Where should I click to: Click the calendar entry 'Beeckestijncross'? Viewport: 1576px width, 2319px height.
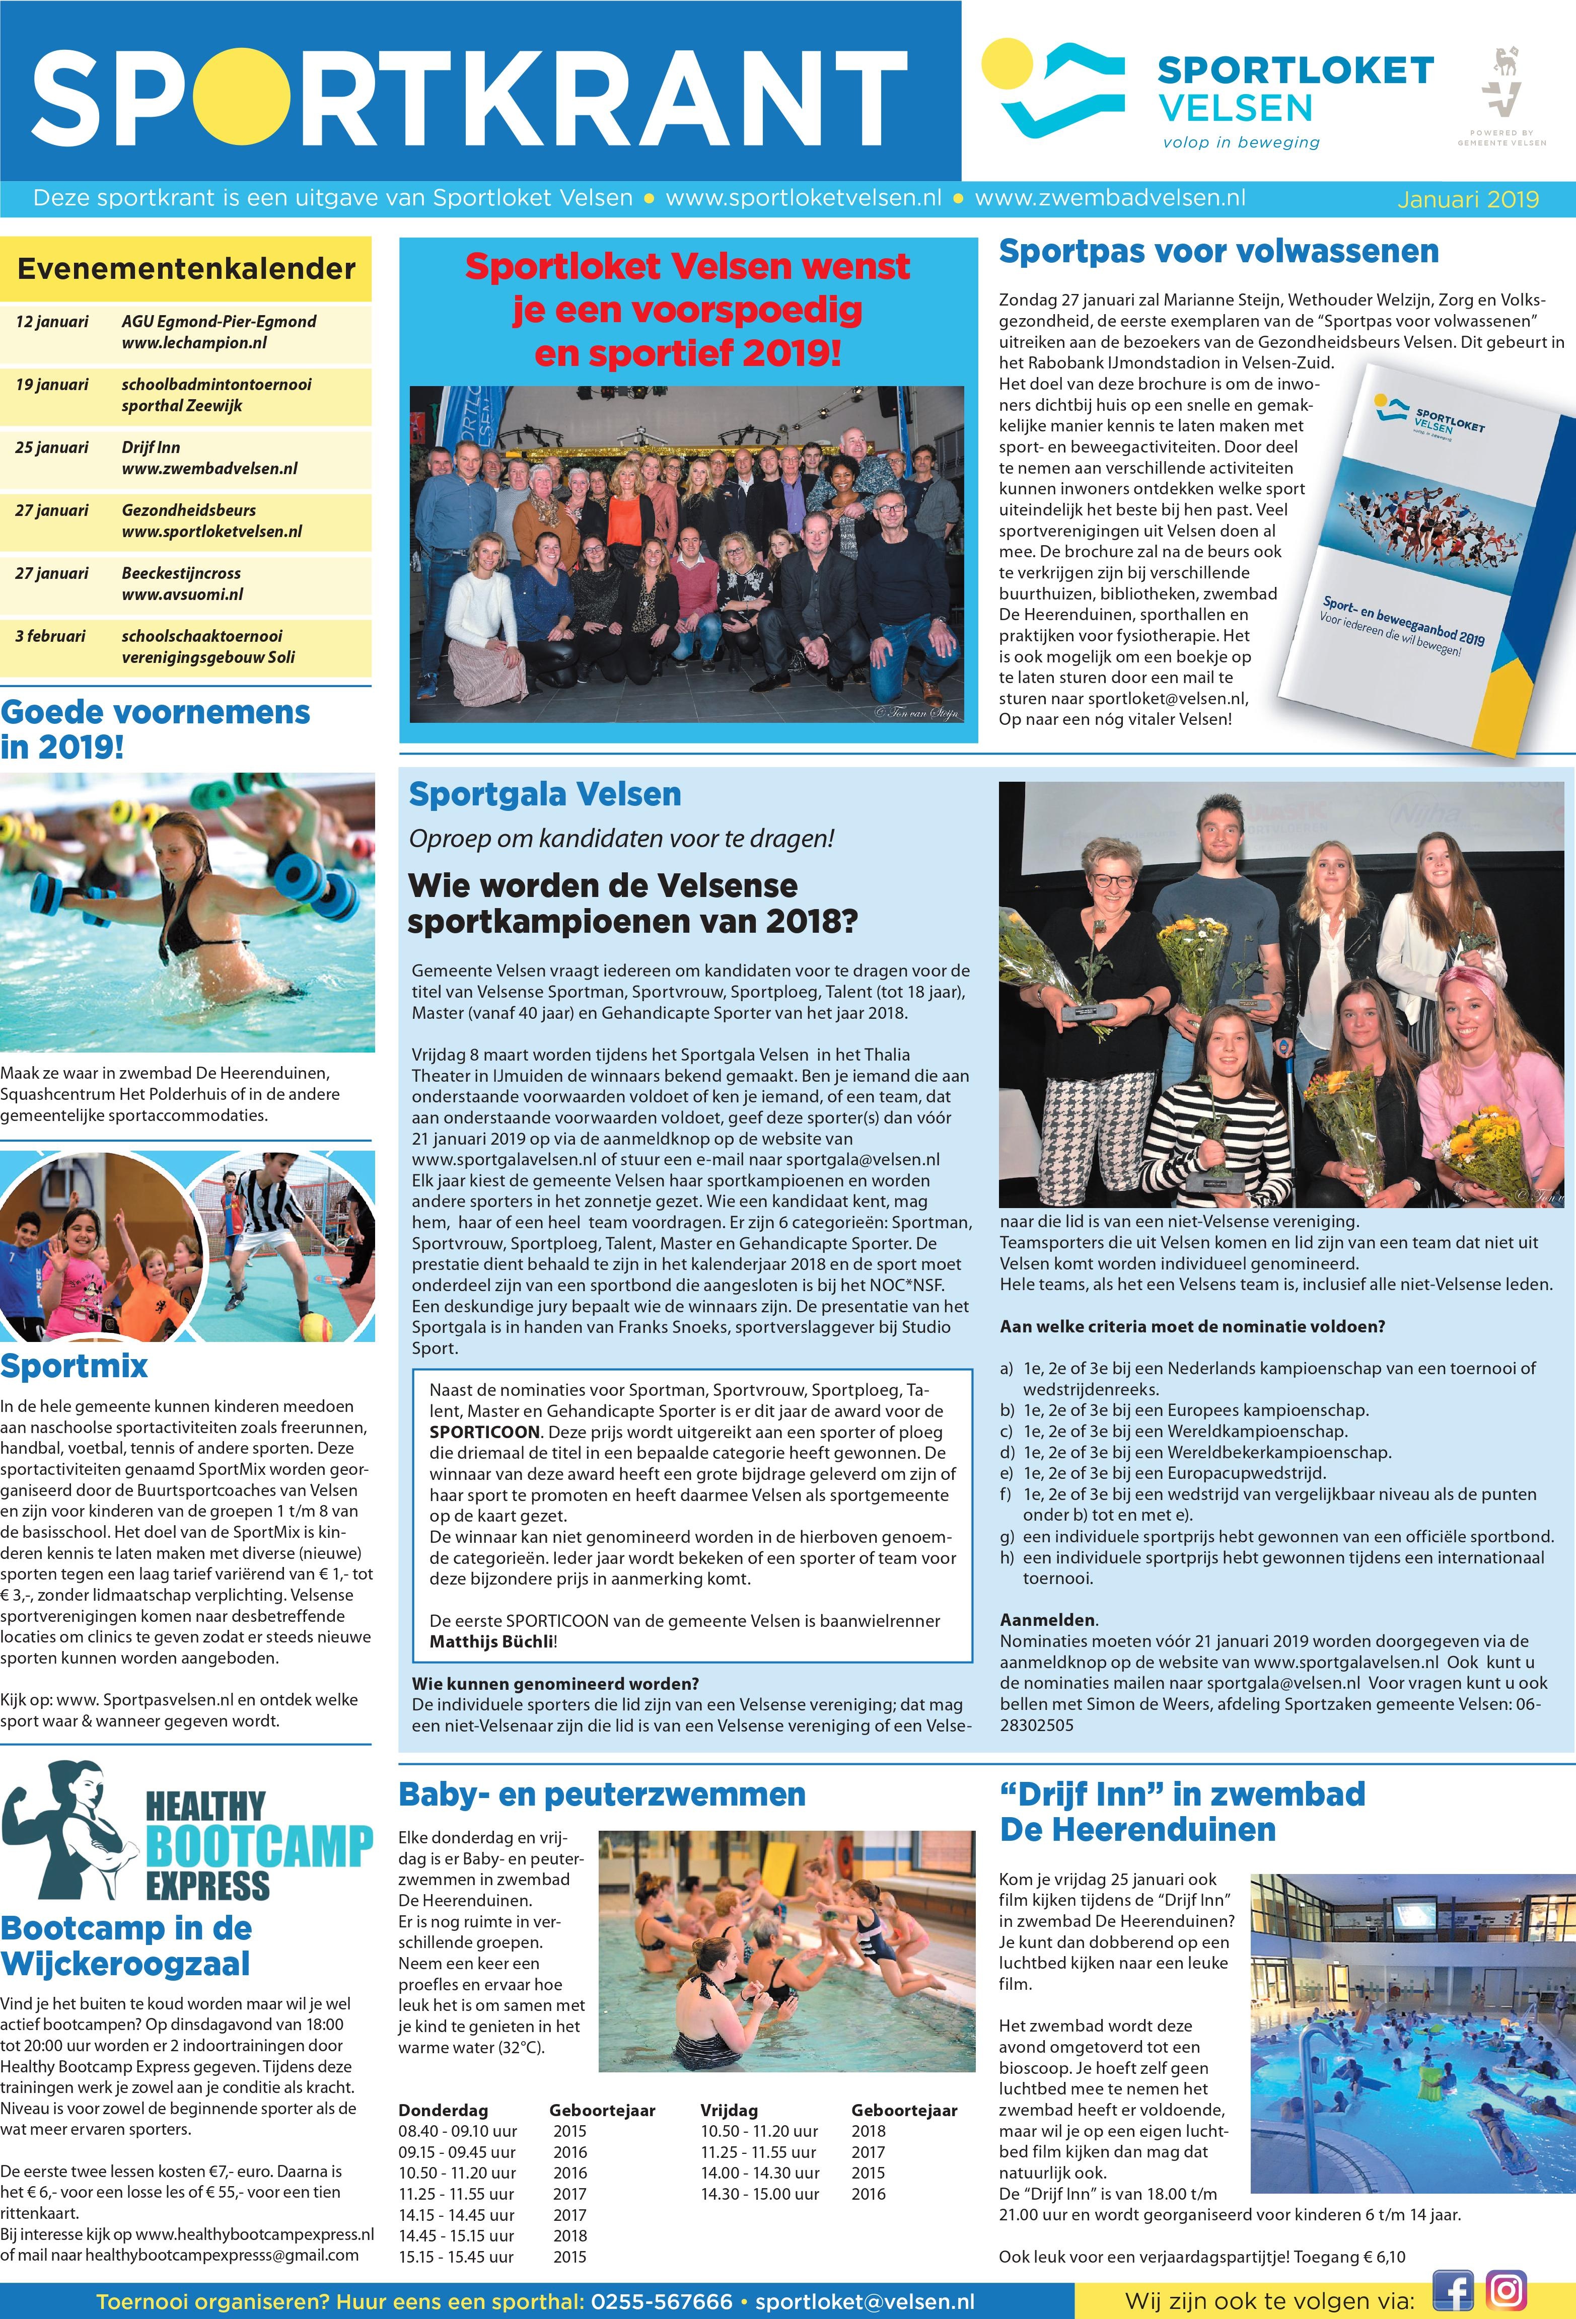[x=181, y=573]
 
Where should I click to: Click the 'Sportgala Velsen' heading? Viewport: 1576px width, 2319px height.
[x=545, y=794]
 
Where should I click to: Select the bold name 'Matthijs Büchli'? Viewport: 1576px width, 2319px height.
[x=491, y=1641]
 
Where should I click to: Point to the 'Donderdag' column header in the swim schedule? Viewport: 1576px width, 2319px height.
[x=443, y=2111]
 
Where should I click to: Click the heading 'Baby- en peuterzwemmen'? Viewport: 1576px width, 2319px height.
[x=601, y=1794]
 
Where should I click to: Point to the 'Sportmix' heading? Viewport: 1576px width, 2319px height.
[x=74, y=1366]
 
